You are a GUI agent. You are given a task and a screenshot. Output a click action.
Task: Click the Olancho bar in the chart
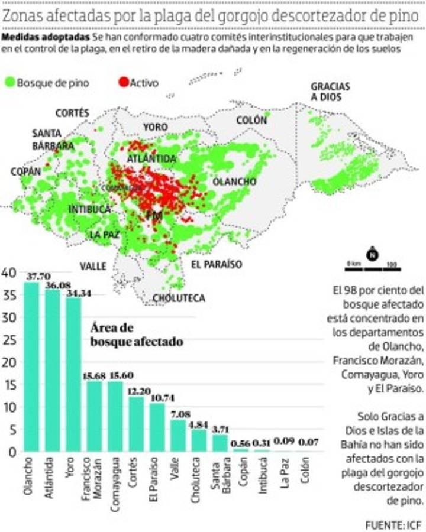[31, 366]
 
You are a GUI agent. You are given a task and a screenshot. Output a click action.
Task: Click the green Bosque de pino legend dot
[9, 83]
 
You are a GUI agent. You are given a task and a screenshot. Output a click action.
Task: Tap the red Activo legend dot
[123, 83]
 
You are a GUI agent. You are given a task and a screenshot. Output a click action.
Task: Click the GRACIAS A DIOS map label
[330, 92]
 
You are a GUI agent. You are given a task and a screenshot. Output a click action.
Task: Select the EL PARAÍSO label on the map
[216, 264]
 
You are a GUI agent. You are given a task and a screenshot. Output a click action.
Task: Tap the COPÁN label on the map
[25, 171]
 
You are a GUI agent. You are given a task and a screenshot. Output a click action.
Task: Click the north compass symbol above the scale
[372, 255]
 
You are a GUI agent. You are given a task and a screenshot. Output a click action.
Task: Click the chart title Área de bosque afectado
[136, 335]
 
